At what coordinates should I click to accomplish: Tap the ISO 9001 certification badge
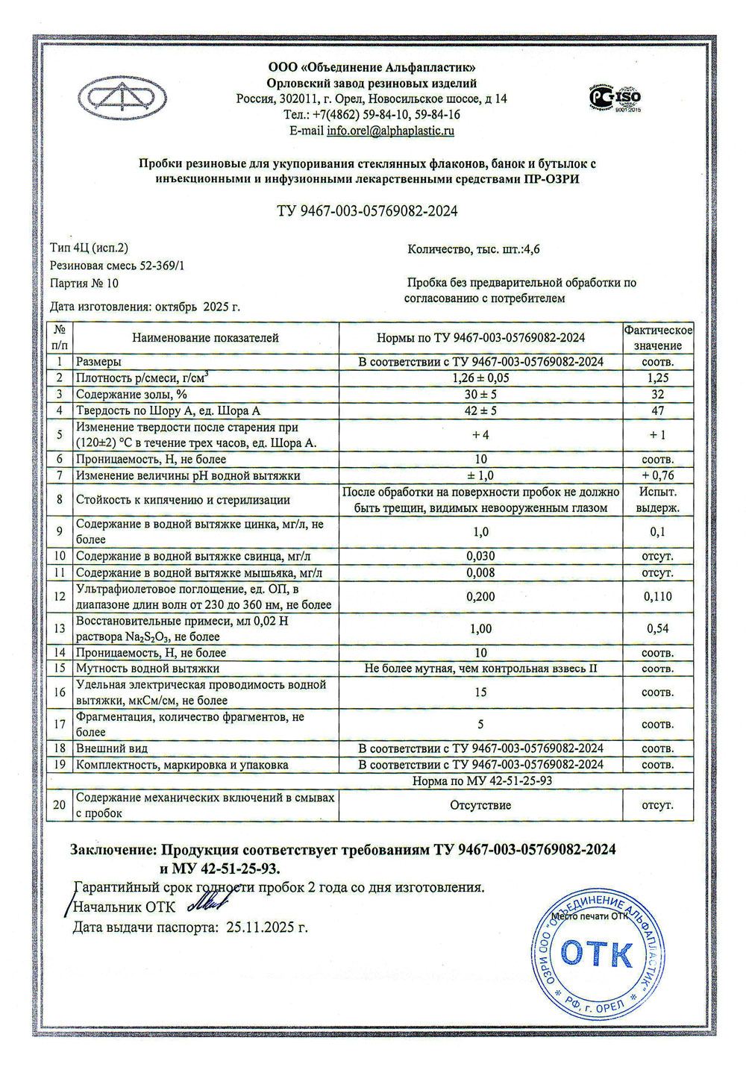pos(615,98)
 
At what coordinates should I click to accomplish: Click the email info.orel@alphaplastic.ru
pos(390,131)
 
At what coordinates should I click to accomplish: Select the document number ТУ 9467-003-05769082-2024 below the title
pos(367,211)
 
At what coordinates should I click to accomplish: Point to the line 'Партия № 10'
pos(84,284)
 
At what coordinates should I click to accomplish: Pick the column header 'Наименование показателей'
pos(205,338)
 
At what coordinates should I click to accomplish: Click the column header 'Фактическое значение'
pos(658,338)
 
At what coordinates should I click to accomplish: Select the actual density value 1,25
pos(658,378)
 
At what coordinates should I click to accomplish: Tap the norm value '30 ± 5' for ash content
pos(480,395)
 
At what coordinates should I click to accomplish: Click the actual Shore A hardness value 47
pos(658,411)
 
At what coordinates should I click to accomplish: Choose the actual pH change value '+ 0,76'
pos(658,475)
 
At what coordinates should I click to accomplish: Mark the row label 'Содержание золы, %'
pos(131,395)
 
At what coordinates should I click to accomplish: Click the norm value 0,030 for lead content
pos(480,556)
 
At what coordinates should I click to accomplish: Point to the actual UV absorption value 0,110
pos(658,596)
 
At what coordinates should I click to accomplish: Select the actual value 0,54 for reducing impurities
pos(658,628)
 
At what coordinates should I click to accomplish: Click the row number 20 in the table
pos(60,805)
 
